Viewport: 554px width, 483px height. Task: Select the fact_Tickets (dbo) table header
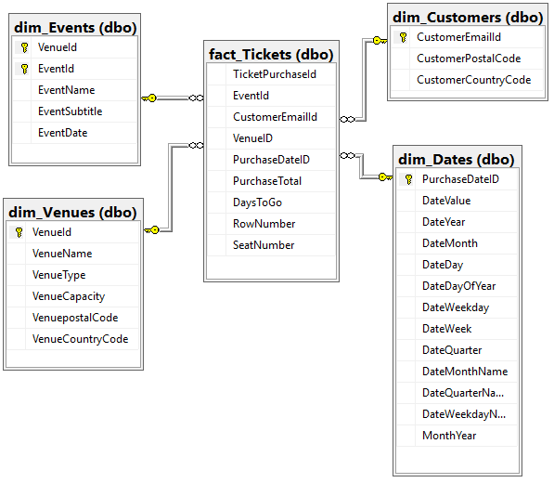pos(270,55)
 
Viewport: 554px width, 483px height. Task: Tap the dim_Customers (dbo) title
pos(467,17)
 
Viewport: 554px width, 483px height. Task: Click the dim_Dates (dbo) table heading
pos(456,160)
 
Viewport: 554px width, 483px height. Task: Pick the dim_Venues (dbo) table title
pos(72,213)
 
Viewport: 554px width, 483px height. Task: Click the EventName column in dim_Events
pos(67,90)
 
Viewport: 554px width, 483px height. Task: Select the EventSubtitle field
pos(71,111)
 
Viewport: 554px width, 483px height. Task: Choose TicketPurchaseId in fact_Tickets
pos(275,74)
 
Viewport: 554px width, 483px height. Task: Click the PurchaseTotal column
pos(267,181)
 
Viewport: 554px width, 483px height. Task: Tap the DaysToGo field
pos(258,202)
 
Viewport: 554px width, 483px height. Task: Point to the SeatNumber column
pos(264,245)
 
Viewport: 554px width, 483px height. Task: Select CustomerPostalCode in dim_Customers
pos(469,59)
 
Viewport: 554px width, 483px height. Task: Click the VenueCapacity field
pos(69,296)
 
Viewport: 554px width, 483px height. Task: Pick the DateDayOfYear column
pos(459,286)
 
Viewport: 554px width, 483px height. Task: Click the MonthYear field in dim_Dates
pos(450,436)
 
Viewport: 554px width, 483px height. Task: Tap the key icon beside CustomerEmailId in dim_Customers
pos(404,37)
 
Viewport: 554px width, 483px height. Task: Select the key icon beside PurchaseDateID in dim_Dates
pos(408,179)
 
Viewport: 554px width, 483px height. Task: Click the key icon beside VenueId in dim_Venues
pos(19,232)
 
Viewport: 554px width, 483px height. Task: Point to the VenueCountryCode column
pos(80,339)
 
